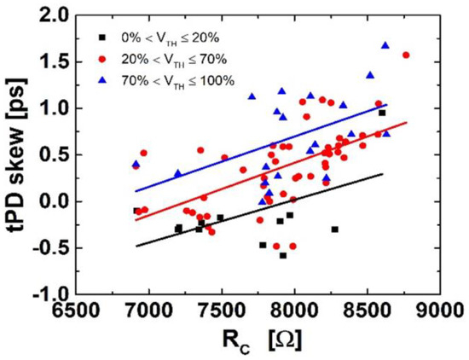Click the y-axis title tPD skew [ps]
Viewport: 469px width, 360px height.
19,153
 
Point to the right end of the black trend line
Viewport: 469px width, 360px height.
383,174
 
